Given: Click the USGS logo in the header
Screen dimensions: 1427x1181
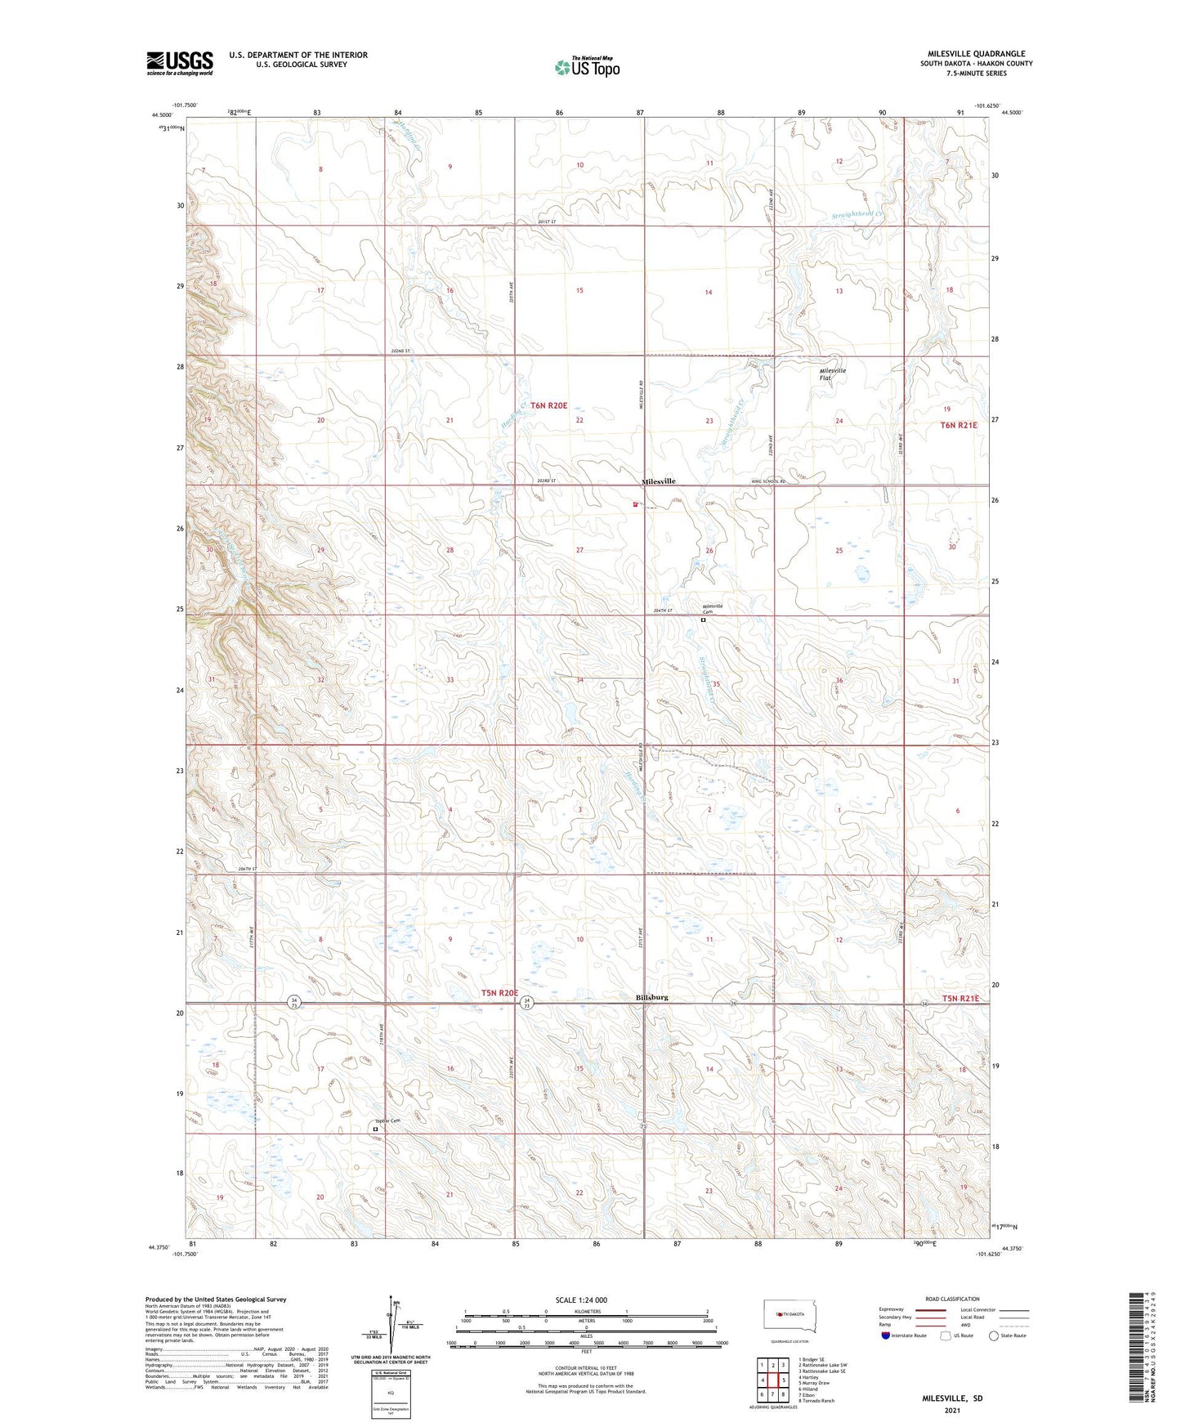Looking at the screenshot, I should pyautogui.click(x=179, y=63).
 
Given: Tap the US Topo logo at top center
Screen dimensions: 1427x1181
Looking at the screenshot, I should pyautogui.click(x=586, y=66).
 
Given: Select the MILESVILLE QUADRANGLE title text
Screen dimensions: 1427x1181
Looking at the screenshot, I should pyautogui.click(x=976, y=54).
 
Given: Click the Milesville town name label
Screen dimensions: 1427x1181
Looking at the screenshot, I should pyautogui.click(x=658, y=481).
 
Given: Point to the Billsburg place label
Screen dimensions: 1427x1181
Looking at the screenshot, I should pyautogui.click(x=651, y=997).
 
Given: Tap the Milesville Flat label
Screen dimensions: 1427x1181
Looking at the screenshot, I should pyautogui.click(x=833, y=374).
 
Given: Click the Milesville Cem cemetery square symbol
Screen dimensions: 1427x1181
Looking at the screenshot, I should pyautogui.click(x=703, y=620).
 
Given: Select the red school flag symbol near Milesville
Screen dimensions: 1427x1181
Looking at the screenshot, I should pyautogui.click(x=635, y=504).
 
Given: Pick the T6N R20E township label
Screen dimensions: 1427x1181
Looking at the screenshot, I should pyautogui.click(x=544, y=405).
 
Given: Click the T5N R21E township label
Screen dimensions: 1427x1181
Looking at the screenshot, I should pyautogui.click(x=960, y=999).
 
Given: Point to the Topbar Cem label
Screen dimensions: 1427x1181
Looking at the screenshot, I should pyautogui.click(x=387, y=1121).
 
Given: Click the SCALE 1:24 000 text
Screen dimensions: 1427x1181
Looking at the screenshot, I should pyautogui.click(x=581, y=1300).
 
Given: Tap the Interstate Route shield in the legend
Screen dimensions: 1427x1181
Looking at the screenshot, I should pyautogui.click(x=886, y=1335).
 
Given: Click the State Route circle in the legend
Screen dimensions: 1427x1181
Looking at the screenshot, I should pyautogui.click(x=993, y=1335).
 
